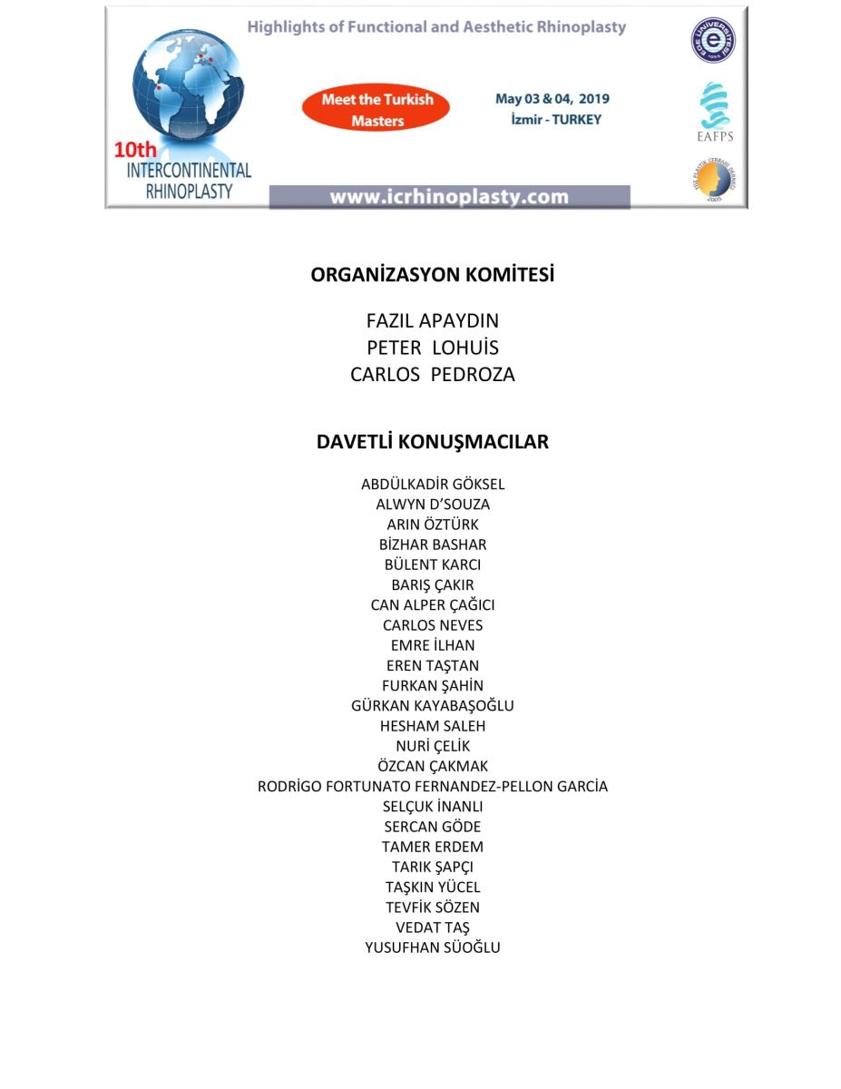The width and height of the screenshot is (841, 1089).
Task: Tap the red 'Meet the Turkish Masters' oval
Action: (x=376, y=110)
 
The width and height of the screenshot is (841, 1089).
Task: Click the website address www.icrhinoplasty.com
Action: (x=449, y=197)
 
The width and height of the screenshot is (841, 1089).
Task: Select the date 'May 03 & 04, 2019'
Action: (x=552, y=99)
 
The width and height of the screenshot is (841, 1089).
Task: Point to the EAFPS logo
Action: (x=714, y=113)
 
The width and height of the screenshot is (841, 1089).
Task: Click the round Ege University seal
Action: (x=714, y=40)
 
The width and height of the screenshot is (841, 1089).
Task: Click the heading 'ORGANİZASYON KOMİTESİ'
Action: (x=432, y=275)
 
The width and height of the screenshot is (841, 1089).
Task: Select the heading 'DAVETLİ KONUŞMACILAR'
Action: (x=432, y=442)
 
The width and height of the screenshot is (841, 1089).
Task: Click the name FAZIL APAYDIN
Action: (x=432, y=321)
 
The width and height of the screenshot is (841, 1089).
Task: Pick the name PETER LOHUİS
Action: (x=432, y=348)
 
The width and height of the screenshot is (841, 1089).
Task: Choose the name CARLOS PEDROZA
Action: (x=432, y=375)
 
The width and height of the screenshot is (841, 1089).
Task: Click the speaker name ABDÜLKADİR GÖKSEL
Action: (x=432, y=485)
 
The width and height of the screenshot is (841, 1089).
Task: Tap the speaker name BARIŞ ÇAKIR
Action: (x=432, y=585)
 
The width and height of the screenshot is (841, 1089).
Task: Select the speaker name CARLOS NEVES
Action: (x=432, y=625)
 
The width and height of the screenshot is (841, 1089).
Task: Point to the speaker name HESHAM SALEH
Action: (x=432, y=726)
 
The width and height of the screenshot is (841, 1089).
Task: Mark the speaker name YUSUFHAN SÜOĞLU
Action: (x=432, y=947)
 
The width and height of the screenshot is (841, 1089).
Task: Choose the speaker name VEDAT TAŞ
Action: (x=432, y=927)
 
